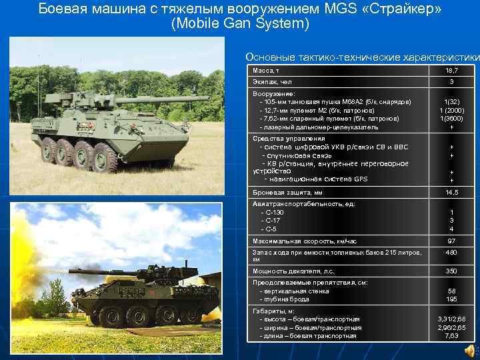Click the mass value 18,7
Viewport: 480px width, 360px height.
451,70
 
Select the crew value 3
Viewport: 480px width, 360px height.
451,82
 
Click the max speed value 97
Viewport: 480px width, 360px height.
451,241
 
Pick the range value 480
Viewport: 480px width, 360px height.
451,253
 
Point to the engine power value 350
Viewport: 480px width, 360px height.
451,271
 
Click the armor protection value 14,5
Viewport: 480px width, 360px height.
451,193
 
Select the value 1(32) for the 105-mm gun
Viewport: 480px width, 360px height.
451,102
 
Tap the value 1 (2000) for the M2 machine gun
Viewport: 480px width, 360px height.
451,110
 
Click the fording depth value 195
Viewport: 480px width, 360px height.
451,299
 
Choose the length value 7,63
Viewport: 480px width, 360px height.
451,335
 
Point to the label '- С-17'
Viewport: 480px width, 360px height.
271,221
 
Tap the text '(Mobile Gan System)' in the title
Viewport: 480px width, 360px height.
240,25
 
